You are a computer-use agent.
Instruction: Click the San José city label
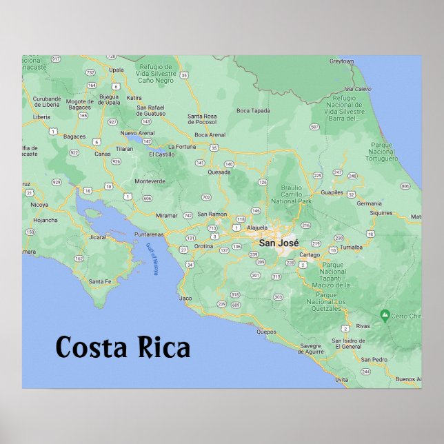click(279, 243)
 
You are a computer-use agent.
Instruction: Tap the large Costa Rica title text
click(123, 347)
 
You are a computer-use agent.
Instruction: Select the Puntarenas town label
click(149, 234)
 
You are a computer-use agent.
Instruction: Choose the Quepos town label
click(266, 332)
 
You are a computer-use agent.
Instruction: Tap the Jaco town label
click(185, 299)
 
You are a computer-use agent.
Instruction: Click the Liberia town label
click(41, 117)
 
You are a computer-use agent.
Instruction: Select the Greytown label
click(341, 61)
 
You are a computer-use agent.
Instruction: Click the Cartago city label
click(310, 254)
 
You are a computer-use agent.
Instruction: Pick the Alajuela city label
click(256, 227)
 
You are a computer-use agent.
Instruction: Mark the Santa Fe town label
click(99, 281)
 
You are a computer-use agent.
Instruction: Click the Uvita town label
click(341, 379)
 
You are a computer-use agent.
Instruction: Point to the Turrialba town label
click(351, 246)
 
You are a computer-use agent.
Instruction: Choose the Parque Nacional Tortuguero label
click(383, 152)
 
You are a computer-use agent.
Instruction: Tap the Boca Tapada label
click(253, 110)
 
